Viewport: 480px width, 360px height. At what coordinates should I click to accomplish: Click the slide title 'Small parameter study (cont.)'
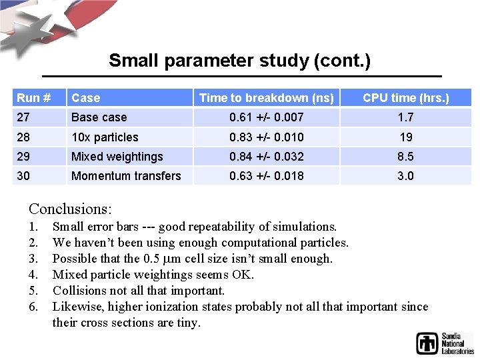pos(239,61)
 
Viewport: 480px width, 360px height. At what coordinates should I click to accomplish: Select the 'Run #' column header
pos(34,98)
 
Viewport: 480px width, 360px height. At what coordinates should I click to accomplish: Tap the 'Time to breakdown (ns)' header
pos(267,98)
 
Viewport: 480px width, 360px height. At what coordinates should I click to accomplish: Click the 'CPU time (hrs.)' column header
pos(405,98)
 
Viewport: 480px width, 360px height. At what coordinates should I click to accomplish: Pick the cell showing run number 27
pos(24,117)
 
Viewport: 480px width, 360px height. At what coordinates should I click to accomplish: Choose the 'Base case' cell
pos(99,117)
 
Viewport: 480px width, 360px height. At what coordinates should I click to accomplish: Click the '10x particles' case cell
pos(105,137)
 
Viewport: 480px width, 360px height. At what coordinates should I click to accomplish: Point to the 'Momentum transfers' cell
pos(126,176)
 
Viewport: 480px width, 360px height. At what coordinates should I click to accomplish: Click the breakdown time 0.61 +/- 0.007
pos(267,117)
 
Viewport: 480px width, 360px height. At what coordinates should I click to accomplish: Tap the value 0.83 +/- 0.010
pos(267,137)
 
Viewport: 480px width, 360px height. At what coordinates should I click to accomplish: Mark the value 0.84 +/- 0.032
pos(267,157)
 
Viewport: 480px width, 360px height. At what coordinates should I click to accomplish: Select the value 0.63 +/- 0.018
pos(267,176)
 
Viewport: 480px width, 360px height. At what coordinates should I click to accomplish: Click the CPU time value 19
pos(405,137)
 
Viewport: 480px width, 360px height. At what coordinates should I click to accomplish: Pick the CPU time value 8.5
pos(405,157)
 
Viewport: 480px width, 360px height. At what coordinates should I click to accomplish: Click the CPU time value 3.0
pos(405,176)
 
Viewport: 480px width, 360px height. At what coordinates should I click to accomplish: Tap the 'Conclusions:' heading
pos(70,208)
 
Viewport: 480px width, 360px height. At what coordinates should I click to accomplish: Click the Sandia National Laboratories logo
pos(445,343)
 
